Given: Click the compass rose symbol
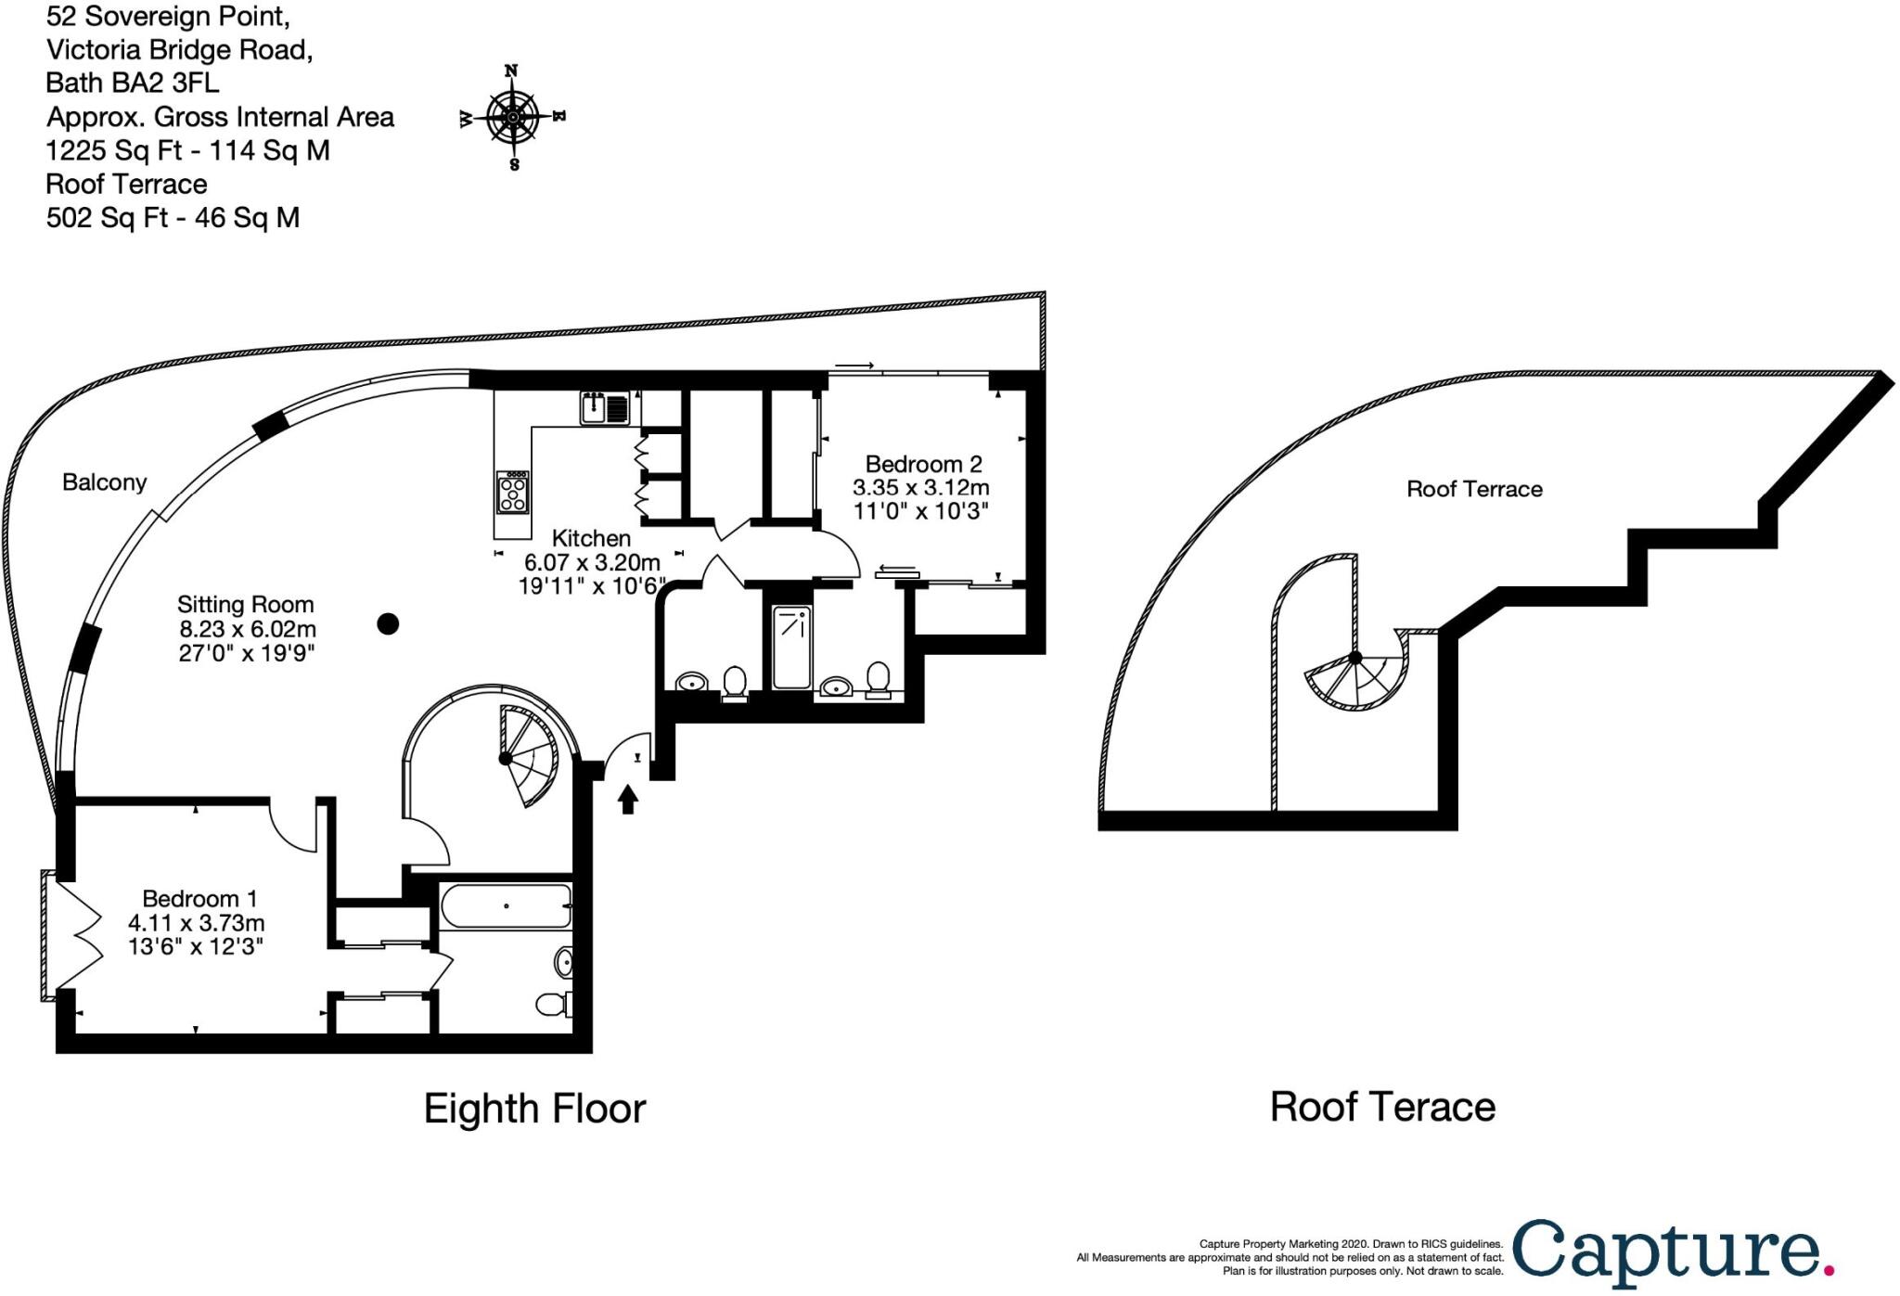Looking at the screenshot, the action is tap(513, 118).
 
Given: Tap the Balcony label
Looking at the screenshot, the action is tap(104, 482).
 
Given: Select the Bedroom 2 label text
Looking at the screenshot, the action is tap(922, 464).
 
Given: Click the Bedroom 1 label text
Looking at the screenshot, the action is tap(199, 898).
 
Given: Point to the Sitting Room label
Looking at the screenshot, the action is tap(245, 605).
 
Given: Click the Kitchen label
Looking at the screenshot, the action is tap(591, 538).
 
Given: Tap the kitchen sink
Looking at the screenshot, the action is tap(605, 406).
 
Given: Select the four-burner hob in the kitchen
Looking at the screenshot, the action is tap(512, 492).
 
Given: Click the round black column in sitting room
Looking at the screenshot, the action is tap(388, 624).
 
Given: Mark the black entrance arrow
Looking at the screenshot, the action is tap(628, 798).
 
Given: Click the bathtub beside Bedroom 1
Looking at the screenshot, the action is tap(506, 906).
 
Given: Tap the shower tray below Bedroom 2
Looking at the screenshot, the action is tap(791, 648).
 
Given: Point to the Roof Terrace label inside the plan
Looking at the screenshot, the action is tap(1474, 489).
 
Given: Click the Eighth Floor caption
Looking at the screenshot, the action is tap(534, 1109).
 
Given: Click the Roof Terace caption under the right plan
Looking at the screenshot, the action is tap(1382, 1107).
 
